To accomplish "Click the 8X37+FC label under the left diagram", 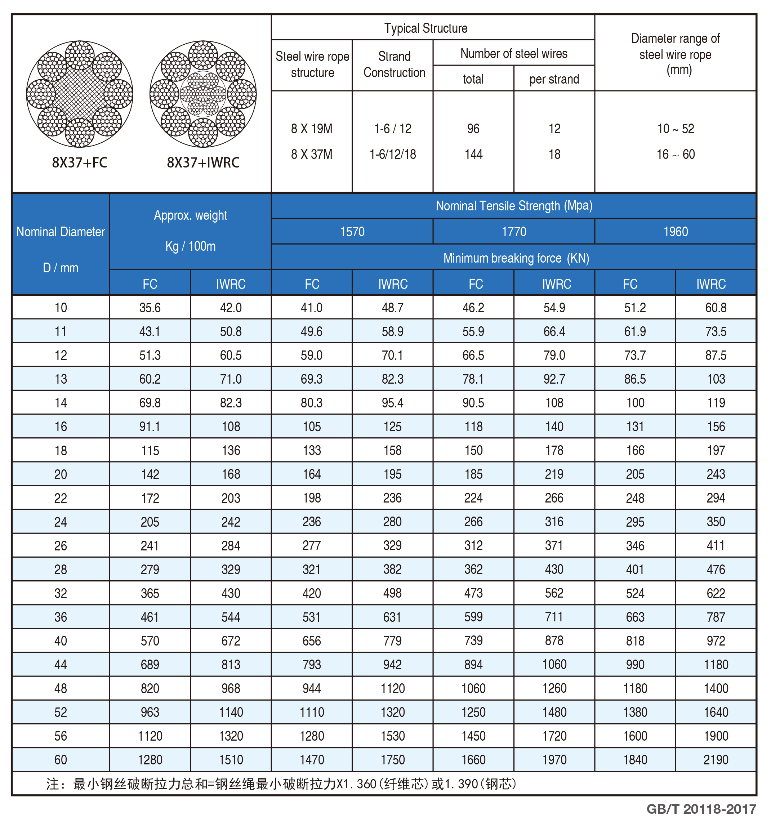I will click(x=79, y=162).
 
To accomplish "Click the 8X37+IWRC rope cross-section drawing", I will click(x=203, y=94).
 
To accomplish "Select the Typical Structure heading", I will click(x=425, y=28).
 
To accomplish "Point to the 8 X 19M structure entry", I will click(x=312, y=129).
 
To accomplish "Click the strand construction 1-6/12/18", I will click(x=393, y=154).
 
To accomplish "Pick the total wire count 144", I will click(x=473, y=154).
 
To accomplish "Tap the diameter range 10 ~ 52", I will click(x=676, y=129).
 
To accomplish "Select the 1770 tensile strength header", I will click(x=514, y=232).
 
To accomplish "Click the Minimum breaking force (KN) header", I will click(x=516, y=258).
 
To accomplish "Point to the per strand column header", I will click(x=554, y=79).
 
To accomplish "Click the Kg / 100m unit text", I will click(x=190, y=246).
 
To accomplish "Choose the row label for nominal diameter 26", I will click(x=61, y=545).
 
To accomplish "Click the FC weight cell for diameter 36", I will click(x=150, y=617).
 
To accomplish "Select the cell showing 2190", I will click(x=716, y=759).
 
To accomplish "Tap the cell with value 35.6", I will click(x=150, y=308).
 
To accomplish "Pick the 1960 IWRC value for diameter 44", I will click(x=716, y=664).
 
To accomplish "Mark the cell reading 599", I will click(x=473, y=617).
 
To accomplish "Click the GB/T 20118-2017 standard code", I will click(x=701, y=809).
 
